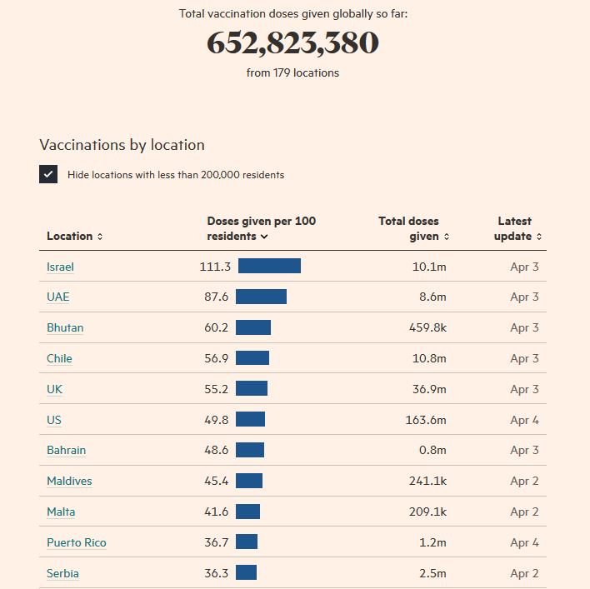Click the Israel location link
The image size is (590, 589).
[x=60, y=267]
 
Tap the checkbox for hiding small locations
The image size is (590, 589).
[x=48, y=174]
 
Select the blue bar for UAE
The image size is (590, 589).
[x=261, y=297]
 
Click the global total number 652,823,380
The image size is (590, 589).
[x=292, y=43]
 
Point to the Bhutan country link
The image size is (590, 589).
[x=65, y=327]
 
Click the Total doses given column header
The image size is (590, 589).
[x=412, y=228]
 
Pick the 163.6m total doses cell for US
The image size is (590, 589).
[x=426, y=420]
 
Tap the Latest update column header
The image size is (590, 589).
[x=516, y=228]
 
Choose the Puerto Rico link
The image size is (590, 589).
[x=77, y=542]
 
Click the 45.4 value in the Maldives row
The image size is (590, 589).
[x=217, y=481]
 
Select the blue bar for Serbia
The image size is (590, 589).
[x=246, y=573]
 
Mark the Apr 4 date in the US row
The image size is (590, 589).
[x=524, y=420]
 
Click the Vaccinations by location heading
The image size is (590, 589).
[x=122, y=145]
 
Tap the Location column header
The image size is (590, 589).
[x=73, y=236]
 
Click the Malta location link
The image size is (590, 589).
[x=61, y=512]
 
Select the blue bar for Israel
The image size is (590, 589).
[x=269, y=266]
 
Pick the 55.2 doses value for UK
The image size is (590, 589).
[x=217, y=389]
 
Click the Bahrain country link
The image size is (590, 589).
[x=67, y=450]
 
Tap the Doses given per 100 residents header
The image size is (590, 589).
[x=261, y=228]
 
